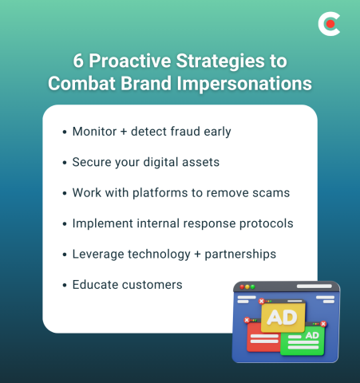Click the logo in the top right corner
[x=328, y=25]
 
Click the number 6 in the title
[x=77, y=63]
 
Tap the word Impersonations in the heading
[x=241, y=84]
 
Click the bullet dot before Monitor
[x=64, y=132]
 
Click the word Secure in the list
[x=93, y=162]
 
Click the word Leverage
[x=100, y=254]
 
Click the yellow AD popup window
[x=282, y=317]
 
